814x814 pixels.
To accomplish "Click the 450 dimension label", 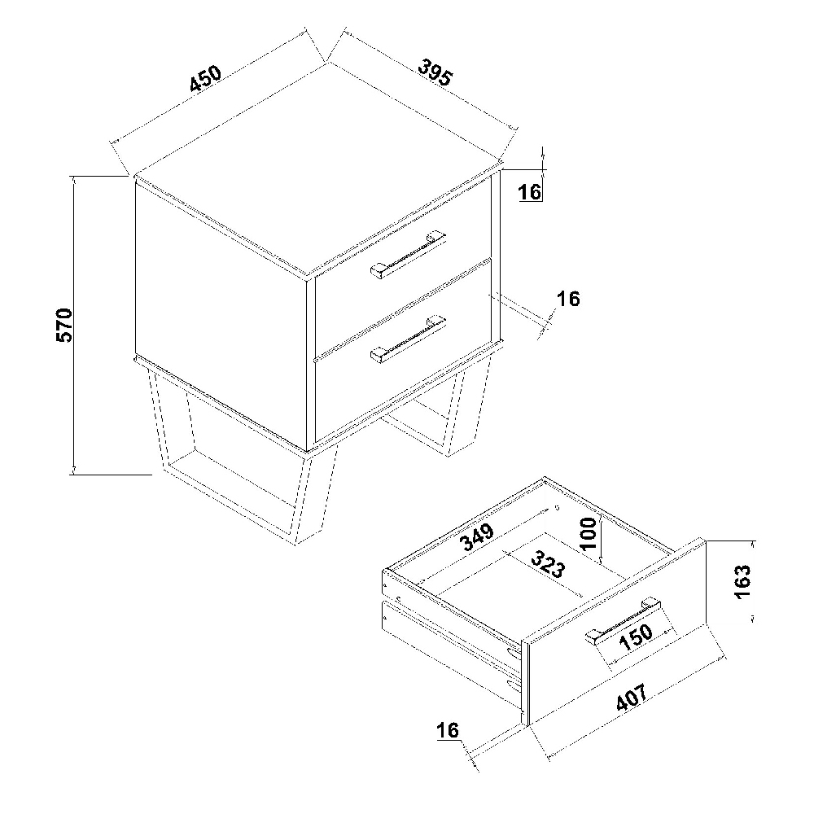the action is pos(206,79).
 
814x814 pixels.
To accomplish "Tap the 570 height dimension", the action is pos(64,325).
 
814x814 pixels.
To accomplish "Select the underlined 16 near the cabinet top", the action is pos(530,191).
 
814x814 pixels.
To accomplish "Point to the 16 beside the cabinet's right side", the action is pos(568,299).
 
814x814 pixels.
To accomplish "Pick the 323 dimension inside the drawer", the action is pos(547,564).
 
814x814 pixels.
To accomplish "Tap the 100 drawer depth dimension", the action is pos(589,534).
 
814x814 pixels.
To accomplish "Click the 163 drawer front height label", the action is pos(743,582).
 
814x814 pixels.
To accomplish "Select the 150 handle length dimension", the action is pos(636,637).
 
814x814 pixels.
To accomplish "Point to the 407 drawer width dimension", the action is pos(632,697).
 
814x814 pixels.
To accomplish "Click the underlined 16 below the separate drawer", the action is pos(448,730).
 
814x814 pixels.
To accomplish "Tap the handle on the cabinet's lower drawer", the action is pos(408,338).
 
